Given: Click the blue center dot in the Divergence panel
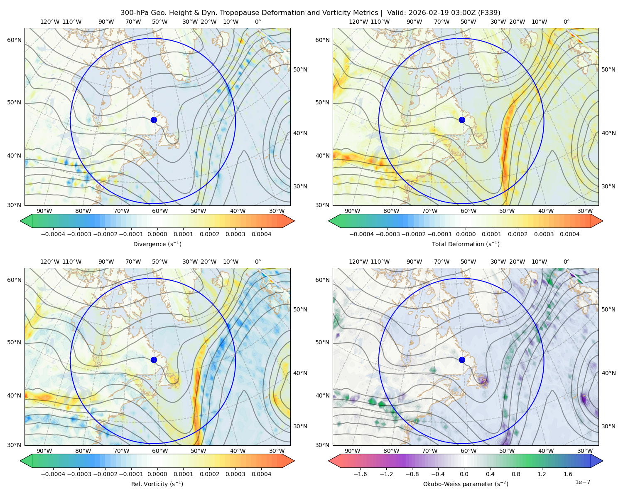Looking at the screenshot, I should [154, 120].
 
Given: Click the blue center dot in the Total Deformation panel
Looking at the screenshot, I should [462, 120].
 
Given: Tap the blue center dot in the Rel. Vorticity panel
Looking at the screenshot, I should [154, 360].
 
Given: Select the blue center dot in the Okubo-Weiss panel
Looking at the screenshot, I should [462, 360].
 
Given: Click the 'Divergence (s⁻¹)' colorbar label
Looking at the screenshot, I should [157, 244].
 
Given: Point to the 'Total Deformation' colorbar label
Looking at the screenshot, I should [466, 244].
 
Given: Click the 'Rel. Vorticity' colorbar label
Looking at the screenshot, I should [157, 484].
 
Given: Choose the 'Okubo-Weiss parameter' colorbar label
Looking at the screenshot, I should [466, 484].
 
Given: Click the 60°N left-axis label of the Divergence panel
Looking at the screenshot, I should [15, 40].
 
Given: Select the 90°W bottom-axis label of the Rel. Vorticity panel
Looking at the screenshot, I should [44, 451].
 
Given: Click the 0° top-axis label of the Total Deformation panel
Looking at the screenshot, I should [567, 22].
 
